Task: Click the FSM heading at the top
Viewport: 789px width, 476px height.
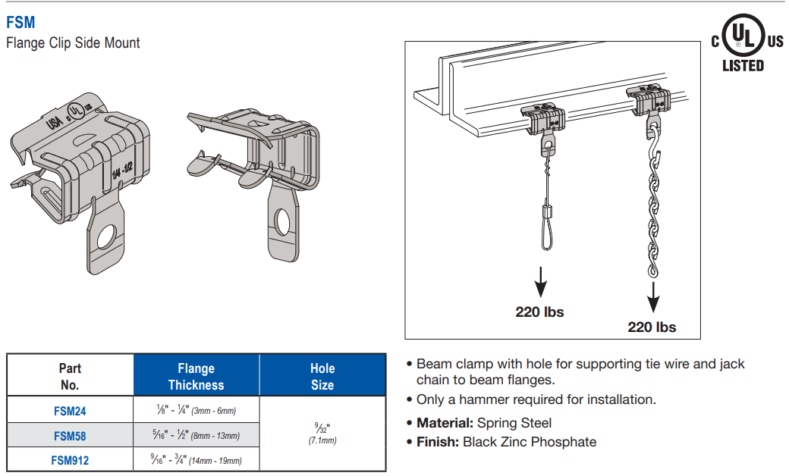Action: coord(20,23)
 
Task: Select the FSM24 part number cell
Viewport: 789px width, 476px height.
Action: coord(71,411)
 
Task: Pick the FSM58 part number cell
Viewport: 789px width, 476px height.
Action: coord(71,436)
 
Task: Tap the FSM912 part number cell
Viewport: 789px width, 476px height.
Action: coord(71,460)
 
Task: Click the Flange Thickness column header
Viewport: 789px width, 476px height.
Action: coord(196,376)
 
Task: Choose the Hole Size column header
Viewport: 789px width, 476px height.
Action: coord(322,376)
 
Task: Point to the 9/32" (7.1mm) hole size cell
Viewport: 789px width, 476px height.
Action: coord(322,434)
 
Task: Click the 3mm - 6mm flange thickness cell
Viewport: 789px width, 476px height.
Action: coord(196,411)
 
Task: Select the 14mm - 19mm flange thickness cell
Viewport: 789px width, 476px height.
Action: coord(196,460)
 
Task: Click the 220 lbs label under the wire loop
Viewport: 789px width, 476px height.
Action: coord(539,312)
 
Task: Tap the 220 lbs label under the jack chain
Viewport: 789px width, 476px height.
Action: coord(652,327)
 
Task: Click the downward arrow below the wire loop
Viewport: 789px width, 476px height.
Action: coord(540,283)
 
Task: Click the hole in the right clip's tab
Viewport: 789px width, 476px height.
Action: coord(282,221)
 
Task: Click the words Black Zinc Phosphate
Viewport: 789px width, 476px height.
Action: coord(530,442)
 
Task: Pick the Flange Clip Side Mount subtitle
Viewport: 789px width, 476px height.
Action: coord(73,43)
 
